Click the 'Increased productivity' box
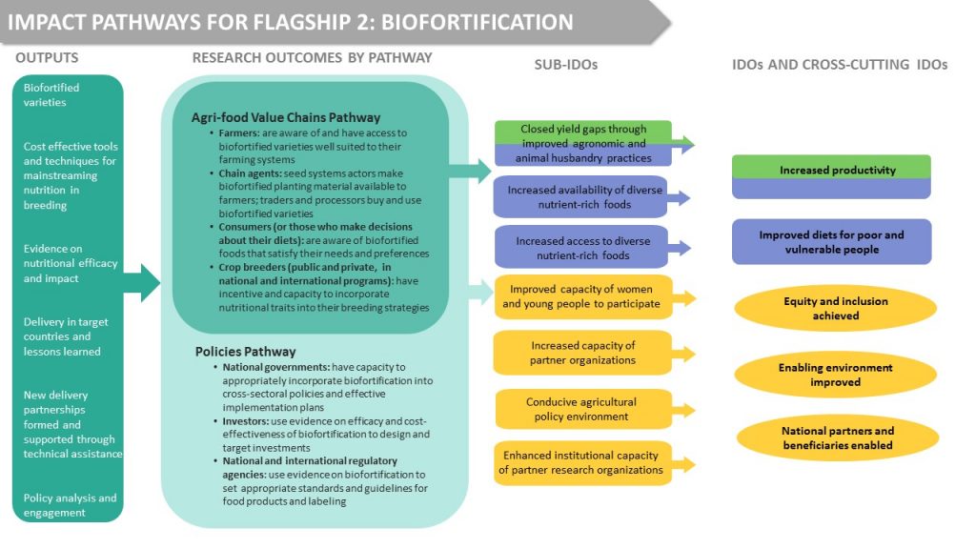pos(831,176)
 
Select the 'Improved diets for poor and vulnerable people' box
pos(831,242)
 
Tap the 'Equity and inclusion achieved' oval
pos(835,308)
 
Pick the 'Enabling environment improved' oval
pos(835,375)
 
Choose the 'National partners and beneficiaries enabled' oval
pos(837,437)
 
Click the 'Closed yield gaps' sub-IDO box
pos(583,143)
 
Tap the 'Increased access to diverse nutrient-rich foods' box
pos(582,248)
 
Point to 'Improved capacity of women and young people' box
pos(583,296)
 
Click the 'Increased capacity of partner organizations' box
pos(582,353)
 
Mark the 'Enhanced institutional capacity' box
pos(582,462)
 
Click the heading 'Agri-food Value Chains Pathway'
pos(286,117)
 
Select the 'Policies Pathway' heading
pos(245,352)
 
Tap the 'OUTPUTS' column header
pos(47,58)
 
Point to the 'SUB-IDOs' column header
pos(566,65)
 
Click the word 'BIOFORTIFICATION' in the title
pos(477,23)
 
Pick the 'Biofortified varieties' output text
pos(51,94)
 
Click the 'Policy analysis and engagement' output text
pos(70,505)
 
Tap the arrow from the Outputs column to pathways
pos(142,282)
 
